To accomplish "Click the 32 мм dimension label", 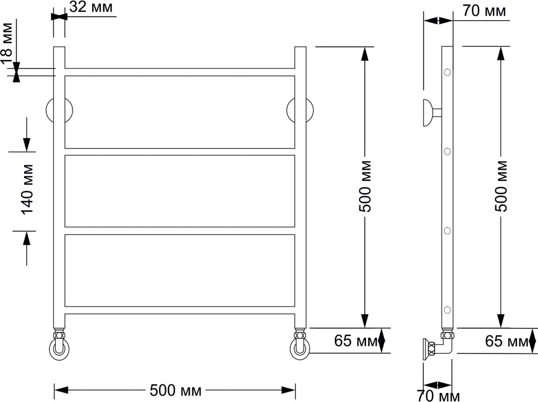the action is pyautogui.click(x=91, y=7).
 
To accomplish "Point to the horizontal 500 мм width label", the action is pyautogui.click(x=175, y=390).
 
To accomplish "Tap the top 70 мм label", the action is pyautogui.click(x=484, y=11).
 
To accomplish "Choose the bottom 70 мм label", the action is pyautogui.click(x=438, y=396).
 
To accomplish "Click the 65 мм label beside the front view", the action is pyautogui.click(x=356, y=341).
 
